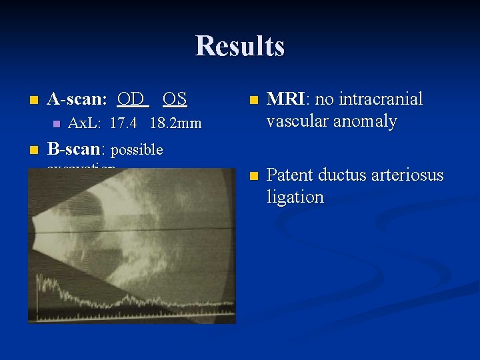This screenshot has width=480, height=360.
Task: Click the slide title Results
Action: [x=240, y=46]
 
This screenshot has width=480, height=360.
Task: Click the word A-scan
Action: [x=77, y=99]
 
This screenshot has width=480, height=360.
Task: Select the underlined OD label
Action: [x=132, y=99]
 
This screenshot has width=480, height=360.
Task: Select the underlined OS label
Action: [x=175, y=99]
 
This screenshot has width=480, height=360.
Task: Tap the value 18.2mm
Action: [x=175, y=123]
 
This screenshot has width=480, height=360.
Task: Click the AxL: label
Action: [x=86, y=123]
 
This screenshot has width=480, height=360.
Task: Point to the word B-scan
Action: [x=75, y=148]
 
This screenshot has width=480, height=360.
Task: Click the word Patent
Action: [x=289, y=175]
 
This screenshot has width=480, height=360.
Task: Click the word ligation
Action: [x=295, y=197]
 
